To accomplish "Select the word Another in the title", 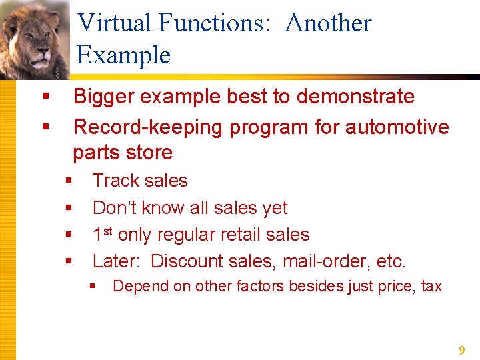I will point(328,23).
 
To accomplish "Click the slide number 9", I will point(461,350).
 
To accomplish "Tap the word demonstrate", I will point(355,97).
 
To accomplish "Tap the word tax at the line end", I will point(431,287).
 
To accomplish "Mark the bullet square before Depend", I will point(93,287).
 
